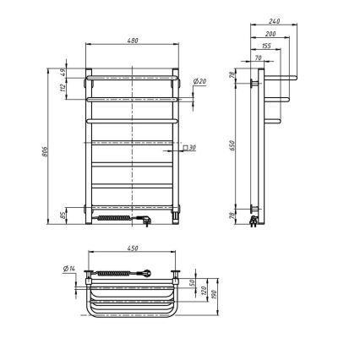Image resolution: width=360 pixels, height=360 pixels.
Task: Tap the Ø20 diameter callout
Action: click(x=200, y=81)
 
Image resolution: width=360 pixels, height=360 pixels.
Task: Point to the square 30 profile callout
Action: click(x=191, y=148)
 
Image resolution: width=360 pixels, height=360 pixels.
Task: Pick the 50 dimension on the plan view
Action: click(x=193, y=282)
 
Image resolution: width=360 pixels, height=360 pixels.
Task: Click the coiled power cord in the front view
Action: click(x=116, y=218)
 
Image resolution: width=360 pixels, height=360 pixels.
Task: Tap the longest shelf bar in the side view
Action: click(x=279, y=79)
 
